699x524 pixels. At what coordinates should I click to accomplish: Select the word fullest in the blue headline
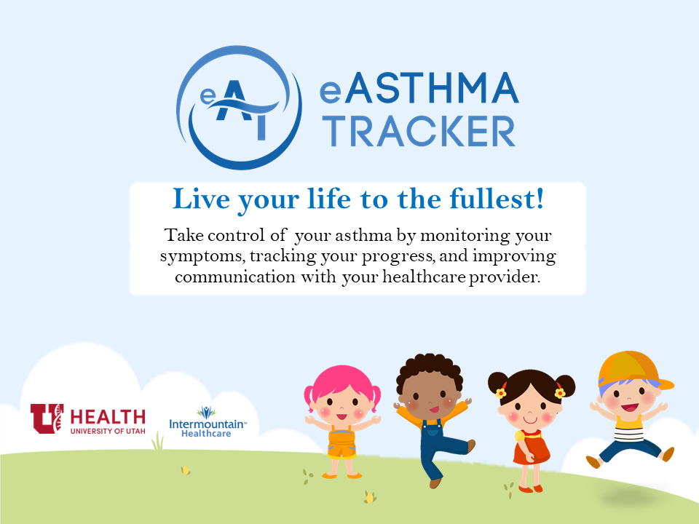[503, 199]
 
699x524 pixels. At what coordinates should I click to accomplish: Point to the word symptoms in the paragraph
[196, 258]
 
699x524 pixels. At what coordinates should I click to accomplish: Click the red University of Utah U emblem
[47, 418]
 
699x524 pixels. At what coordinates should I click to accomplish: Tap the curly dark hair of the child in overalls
[430, 369]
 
